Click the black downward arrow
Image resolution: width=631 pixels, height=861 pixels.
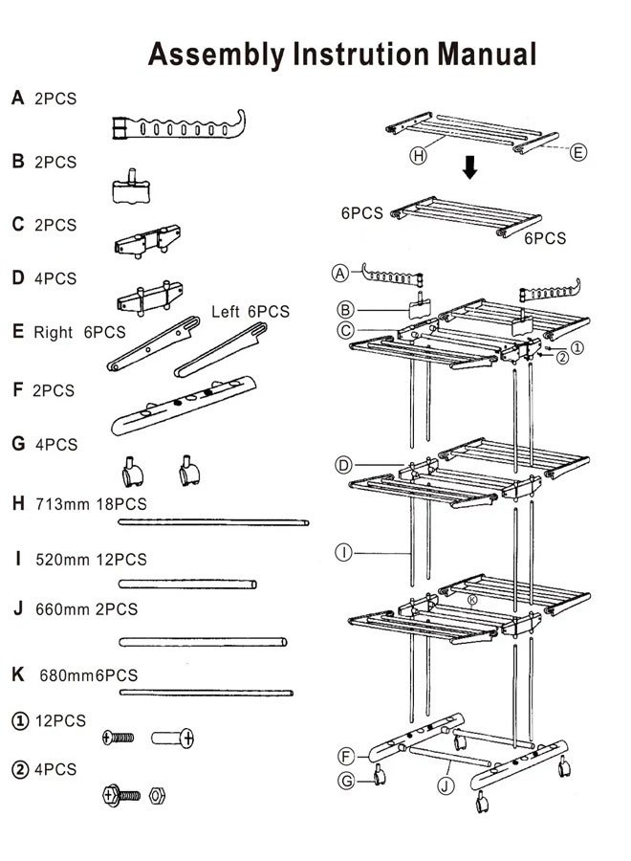click(x=468, y=169)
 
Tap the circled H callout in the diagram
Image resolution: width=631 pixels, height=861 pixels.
click(x=418, y=155)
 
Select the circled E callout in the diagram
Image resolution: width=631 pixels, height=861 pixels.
click(x=578, y=152)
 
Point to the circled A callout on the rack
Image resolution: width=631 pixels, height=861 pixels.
click(x=339, y=273)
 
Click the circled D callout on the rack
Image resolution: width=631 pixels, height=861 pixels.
click(x=344, y=466)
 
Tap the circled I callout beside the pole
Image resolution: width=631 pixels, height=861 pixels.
click(x=342, y=551)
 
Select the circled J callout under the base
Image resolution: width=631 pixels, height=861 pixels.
click(x=445, y=786)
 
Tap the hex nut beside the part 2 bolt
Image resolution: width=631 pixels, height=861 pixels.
click(x=158, y=795)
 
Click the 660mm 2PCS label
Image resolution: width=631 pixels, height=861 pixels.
click(x=86, y=609)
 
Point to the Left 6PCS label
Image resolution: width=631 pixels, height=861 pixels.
click(x=250, y=312)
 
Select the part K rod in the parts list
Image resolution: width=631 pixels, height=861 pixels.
click(x=206, y=692)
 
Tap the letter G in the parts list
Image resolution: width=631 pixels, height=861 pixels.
click(x=18, y=444)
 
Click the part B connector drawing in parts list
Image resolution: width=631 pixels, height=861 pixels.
click(x=133, y=185)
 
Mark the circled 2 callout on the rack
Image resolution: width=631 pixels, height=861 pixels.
click(x=563, y=358)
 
